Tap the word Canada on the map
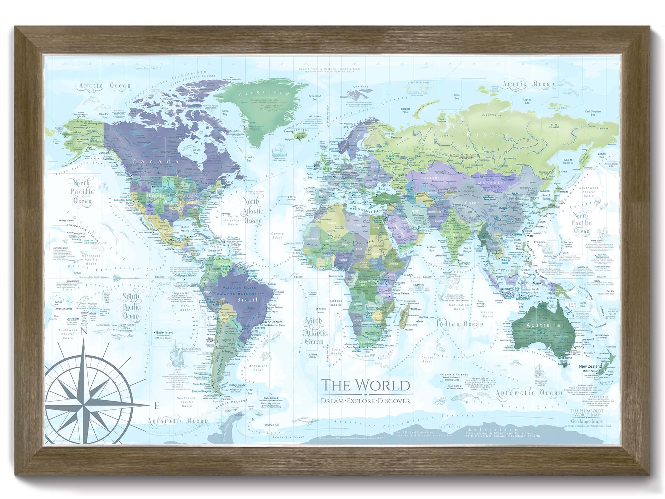click(156, 161)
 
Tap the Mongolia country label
click(491, 183)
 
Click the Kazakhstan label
click(434, 178)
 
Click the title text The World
click(365, 385)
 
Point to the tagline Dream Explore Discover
click(365, 401)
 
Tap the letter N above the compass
click(84, 331)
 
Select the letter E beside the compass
click(157, 406)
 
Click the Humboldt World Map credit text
click(587, 413)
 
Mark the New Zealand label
click(590, 366)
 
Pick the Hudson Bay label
click(196, 152)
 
